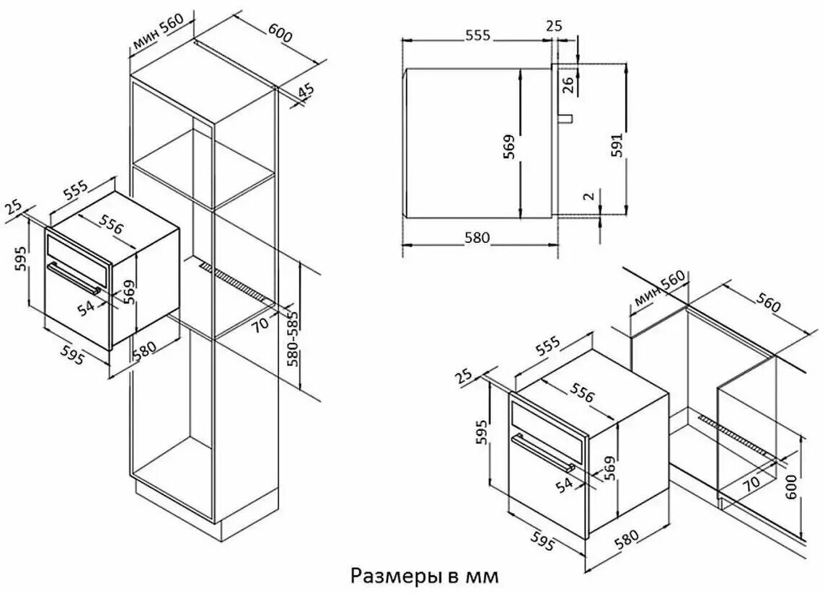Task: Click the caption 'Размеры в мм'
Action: (x=423, y=576)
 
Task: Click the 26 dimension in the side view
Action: (x=568, y=84)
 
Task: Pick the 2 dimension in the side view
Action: (x=589, y=196)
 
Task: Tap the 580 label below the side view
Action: (x=477, y=238)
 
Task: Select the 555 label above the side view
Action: (x=477, y=35)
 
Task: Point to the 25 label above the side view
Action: (x=554, y=24)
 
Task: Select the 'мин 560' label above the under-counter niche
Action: (x=659, y=288)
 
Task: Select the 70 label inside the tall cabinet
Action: (x=260, y=322)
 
